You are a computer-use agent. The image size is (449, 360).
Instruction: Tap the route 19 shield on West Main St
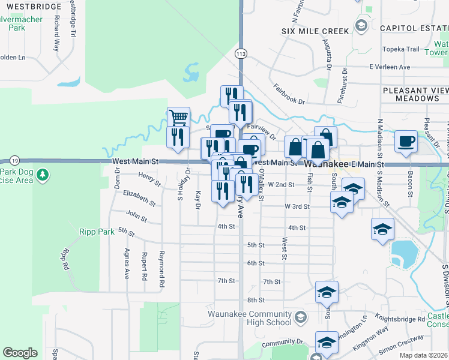tap(14, 160)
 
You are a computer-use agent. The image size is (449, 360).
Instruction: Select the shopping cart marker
tap(178, 116)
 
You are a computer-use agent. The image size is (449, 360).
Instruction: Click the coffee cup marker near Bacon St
tap(406, 141)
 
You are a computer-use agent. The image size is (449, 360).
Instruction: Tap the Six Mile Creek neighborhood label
tap(315, 31)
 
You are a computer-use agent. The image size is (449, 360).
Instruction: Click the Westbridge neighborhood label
tap(31, 7)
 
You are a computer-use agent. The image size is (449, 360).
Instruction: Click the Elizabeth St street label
tap(139, 194)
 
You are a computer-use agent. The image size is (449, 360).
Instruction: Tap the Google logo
tap(20, 353)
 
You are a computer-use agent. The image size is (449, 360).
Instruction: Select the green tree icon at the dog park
tap(43, 175)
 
